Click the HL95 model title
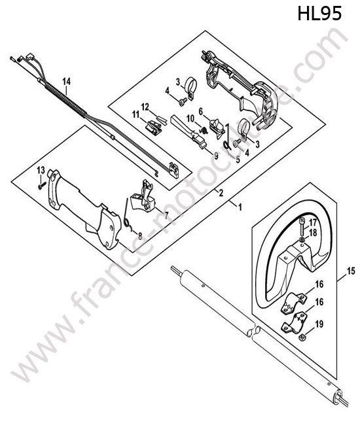[319, 14]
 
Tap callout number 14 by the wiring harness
[67, 81]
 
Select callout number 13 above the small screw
[41, 170]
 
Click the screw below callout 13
[42, 186]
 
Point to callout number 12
[145, 107]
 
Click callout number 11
[135, 114]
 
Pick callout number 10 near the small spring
[190, 118]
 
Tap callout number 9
[216, 156]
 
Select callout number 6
[201, 111]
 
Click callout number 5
[238, 160]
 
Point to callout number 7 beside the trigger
[166, 216]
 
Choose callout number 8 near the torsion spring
[139, 236]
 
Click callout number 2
[221, 193]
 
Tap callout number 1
[240, 208]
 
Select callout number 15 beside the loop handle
[351, 271]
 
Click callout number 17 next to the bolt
[313, 223]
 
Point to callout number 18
[313, 233]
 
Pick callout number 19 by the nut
[319, 324]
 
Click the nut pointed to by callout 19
[301, 337]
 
